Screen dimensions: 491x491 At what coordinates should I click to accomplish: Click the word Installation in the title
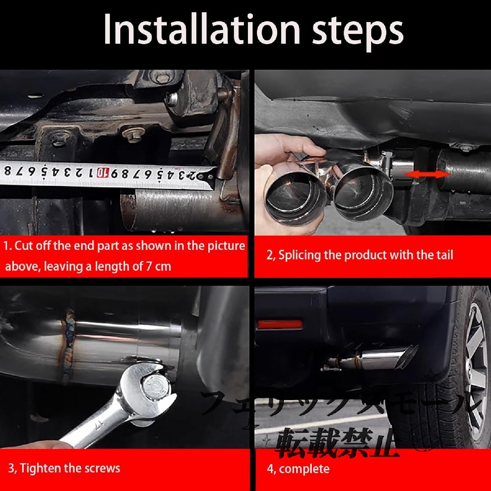202,30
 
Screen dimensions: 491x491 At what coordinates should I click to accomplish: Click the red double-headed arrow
427,175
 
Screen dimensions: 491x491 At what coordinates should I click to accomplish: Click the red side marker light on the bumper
280,324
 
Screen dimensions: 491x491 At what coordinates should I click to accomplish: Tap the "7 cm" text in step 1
158,266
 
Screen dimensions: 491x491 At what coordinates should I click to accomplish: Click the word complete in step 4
304,469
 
